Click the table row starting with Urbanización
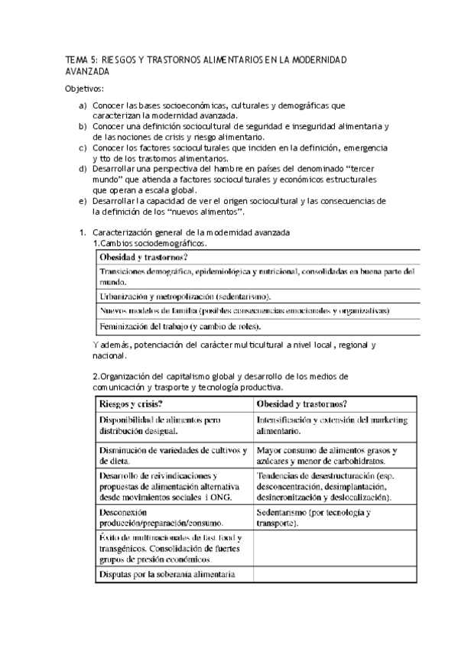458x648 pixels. coord(190,295)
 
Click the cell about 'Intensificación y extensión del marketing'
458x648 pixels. coord(333,425)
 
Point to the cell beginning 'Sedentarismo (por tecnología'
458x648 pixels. coord(314,518)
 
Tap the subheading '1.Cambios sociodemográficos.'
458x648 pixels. coord(149,242)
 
